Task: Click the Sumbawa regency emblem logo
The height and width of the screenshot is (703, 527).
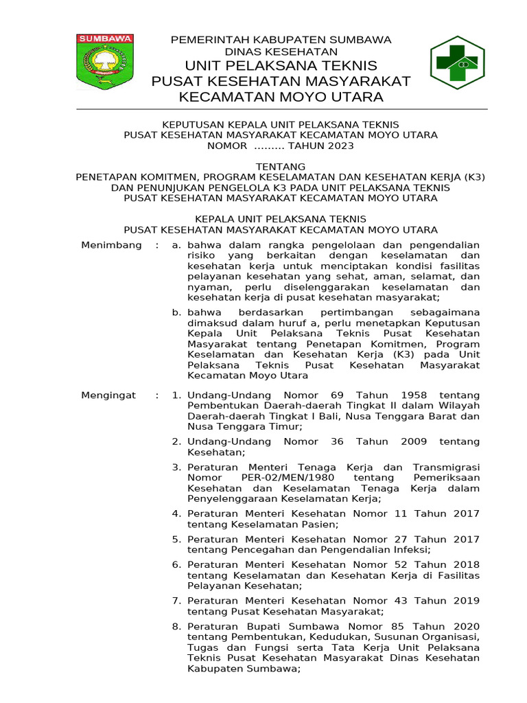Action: pos(105,61)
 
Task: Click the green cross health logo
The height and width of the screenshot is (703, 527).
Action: pos(457,62)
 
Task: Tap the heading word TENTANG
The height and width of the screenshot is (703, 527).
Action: pos(280,167)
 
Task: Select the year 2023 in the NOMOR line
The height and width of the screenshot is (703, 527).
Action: pos(340,146)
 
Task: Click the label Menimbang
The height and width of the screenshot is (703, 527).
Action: pos(111,245)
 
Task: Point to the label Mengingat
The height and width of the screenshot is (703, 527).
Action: pos(109,395)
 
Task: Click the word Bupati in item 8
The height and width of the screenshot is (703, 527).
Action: pos(255,626)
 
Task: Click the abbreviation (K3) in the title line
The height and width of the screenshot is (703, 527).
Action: pos(473,177)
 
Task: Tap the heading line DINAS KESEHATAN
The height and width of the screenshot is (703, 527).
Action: pos(281,51)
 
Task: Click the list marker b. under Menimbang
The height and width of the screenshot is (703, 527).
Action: pos(176,312)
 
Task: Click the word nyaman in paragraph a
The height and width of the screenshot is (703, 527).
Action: pos(204,287)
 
